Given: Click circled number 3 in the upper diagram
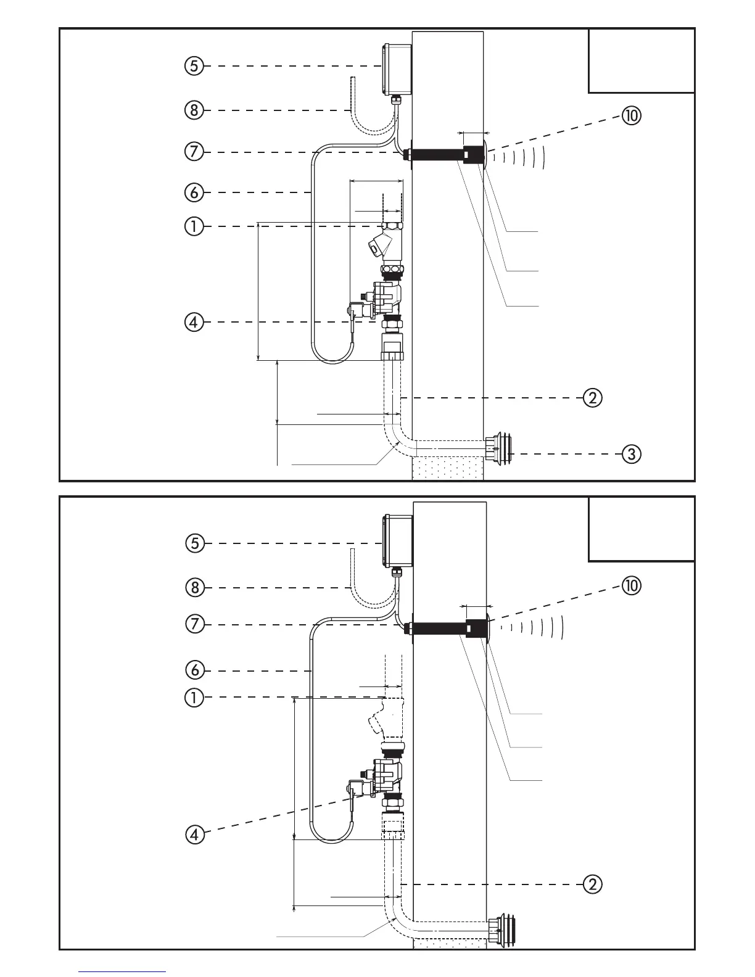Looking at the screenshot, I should (x=630, y=455).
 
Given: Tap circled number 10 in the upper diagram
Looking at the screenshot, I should (x=631, y=115).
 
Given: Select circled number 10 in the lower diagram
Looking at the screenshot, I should (x=631, y=585).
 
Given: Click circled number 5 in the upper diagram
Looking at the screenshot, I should (x=194, y=65).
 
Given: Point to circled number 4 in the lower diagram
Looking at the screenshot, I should (x=194, y=835).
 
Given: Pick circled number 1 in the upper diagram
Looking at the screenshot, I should (x=194, y=226).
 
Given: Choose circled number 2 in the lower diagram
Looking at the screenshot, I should (x=592, y=884).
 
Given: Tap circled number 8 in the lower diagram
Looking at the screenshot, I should (x=194, y=587).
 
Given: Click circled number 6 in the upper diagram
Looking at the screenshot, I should (x=194, y=192).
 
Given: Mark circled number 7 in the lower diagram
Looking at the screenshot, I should (x=194, y=624).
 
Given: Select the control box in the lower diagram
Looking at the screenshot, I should (x=398, y=540).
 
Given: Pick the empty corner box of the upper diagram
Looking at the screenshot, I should (x=641, y=60).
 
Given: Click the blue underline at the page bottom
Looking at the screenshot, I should (x=122, y=972).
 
